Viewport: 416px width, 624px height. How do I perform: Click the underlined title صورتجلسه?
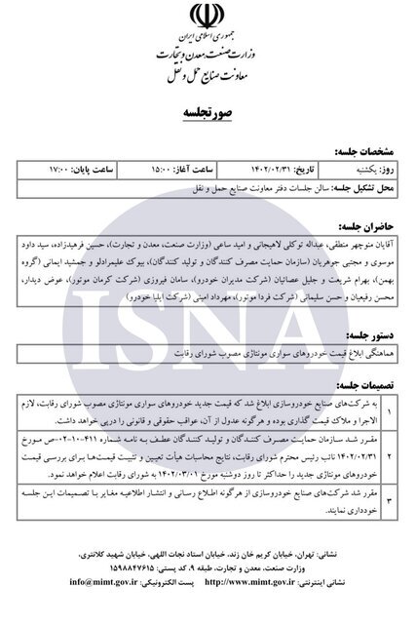point(208,115)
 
